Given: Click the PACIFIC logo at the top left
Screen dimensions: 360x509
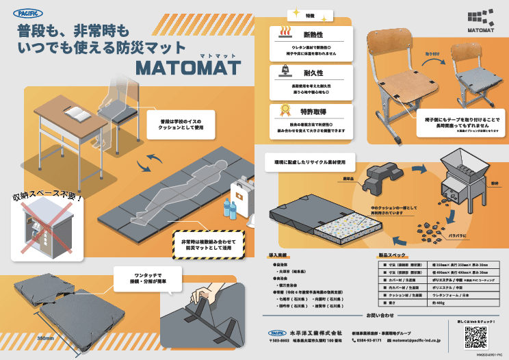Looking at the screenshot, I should (28, 13).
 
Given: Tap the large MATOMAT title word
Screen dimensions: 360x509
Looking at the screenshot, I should (188, 68).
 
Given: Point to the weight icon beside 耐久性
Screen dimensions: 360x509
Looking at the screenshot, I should (284, 71).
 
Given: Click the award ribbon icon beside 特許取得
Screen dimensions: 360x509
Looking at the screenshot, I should (284, 110).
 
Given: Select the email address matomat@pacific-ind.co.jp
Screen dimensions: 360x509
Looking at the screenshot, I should (417, 339).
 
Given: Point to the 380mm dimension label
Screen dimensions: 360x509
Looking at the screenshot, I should (46, 338).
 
